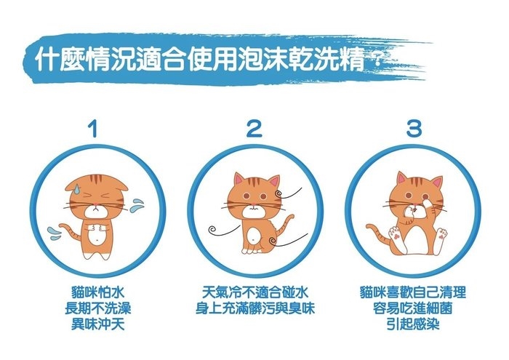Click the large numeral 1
pos(94,128)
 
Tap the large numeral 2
pos(254,128)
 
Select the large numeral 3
pos(414,128)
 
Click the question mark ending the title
pos(377,63)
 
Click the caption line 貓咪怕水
pos(97,293)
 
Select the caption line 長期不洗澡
pos(97,308)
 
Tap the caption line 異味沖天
pos(97,324)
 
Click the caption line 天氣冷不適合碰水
pos(255,293)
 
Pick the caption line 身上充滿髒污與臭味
pos(255,308)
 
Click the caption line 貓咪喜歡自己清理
pos(413,293)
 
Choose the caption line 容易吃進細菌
pos(413,308)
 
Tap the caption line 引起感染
pos(413,324)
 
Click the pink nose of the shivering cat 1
pos(95,205)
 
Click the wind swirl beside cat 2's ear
pos(288,193)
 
